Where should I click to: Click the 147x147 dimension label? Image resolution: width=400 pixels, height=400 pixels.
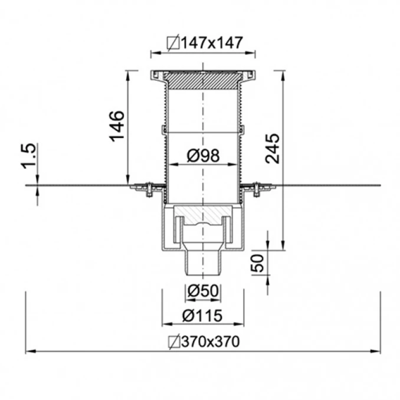pos(205,42)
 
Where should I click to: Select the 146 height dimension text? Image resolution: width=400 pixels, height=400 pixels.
pos(116,126)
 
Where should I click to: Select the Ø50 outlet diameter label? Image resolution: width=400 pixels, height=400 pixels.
pos(202,290)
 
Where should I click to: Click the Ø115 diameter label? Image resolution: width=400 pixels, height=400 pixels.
pos(202,316)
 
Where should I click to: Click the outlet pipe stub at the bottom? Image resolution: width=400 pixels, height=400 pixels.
pos(203,263)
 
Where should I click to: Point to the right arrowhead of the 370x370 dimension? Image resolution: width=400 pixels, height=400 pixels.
pos(377,351)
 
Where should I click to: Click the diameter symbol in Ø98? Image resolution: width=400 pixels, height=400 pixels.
pos(192,156)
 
